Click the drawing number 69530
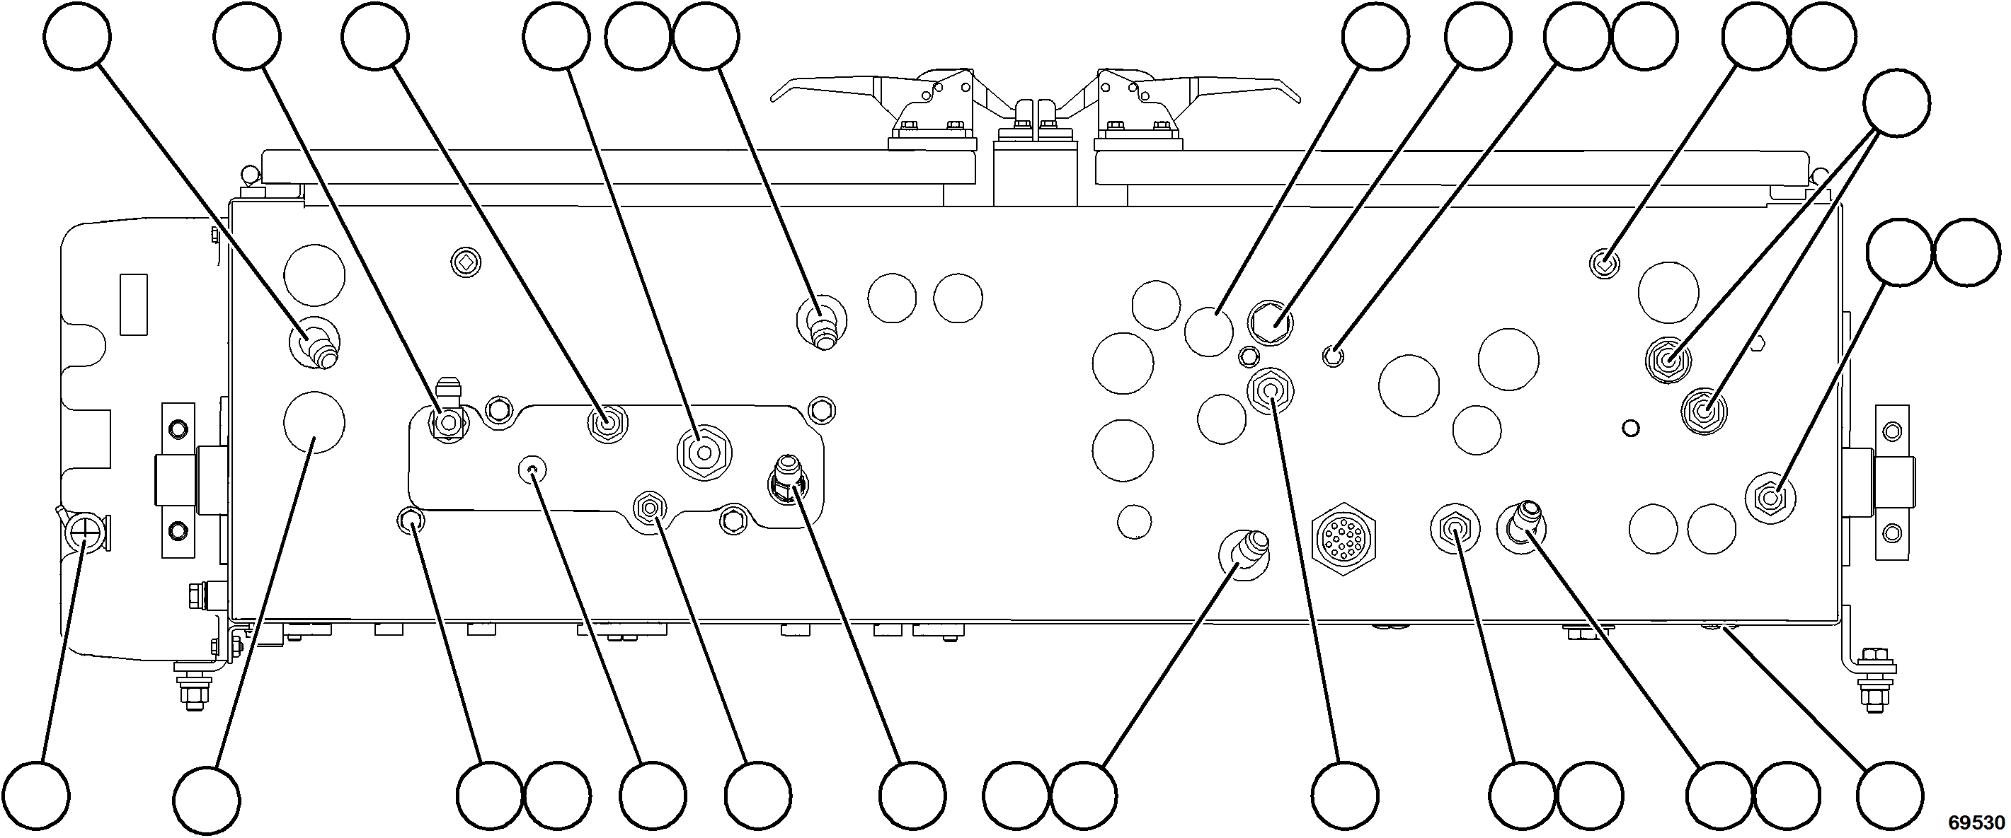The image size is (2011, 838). (1976, 822)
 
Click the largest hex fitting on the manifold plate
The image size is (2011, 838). (703, 453)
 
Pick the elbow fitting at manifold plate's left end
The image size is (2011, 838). (447, 410)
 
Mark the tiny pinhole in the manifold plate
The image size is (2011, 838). (532, 470)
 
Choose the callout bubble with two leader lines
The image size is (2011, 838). (1896, 103)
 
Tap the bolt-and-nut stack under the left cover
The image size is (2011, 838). (190, 687)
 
